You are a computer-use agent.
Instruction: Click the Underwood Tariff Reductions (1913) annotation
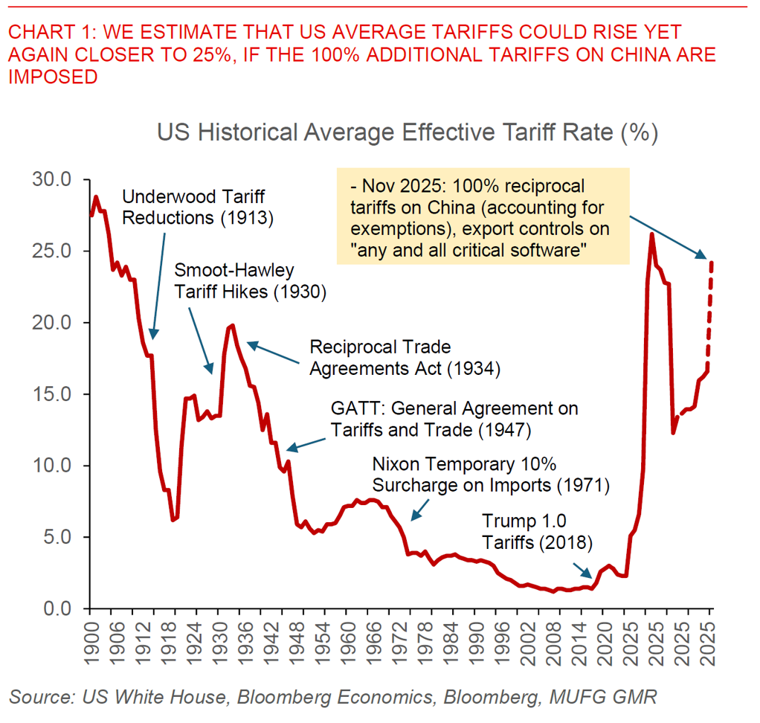click(198, 208)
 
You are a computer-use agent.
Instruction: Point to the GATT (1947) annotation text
click(455, 419)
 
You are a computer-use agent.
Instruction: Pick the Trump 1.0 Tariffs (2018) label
click(537, 532)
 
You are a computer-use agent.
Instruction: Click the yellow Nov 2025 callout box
click(482, 216)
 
